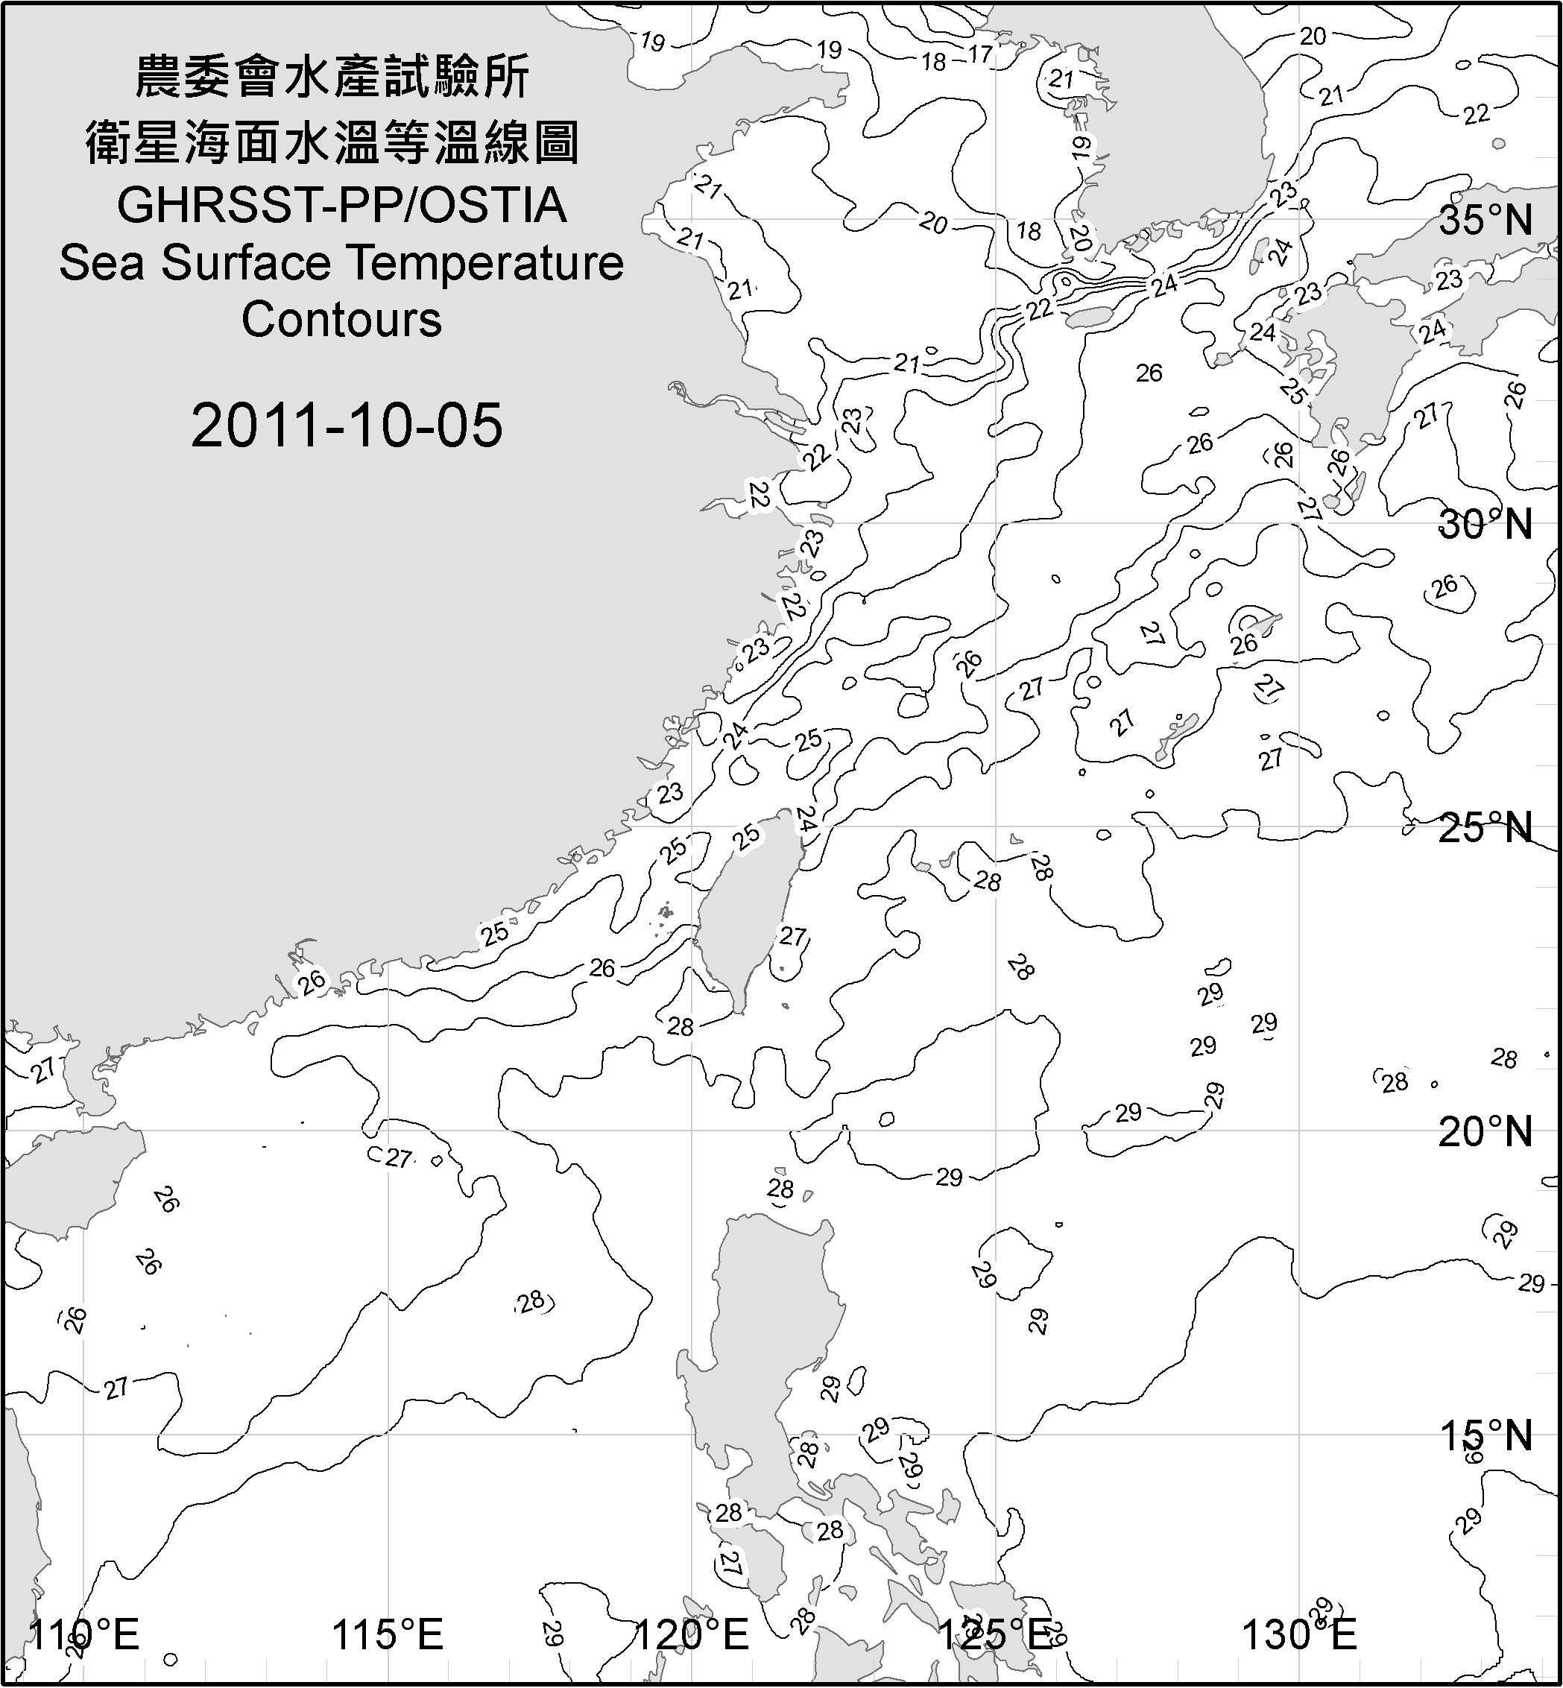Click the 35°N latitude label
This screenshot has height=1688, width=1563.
(1485, 221)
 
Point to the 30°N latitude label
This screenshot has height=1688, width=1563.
(1485, 525)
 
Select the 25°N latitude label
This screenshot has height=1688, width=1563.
(1485, 827)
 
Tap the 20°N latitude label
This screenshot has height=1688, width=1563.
(1485, 1131)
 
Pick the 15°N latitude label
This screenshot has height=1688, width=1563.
(1485, 1435)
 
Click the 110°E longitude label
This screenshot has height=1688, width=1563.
(84, 1634)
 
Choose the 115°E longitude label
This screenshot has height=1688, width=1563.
(388, 1634)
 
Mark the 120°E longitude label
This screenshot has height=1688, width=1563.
(692, 1634)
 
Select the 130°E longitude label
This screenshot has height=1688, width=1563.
(1299, 1634)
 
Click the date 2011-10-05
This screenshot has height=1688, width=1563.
(347, 425)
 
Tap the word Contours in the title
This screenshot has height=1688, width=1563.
(341, 320)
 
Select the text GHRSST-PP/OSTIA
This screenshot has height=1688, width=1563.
(341, 206)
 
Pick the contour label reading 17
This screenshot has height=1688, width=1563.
(979, 54)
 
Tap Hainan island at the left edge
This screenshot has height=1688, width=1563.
(68, 1175)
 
